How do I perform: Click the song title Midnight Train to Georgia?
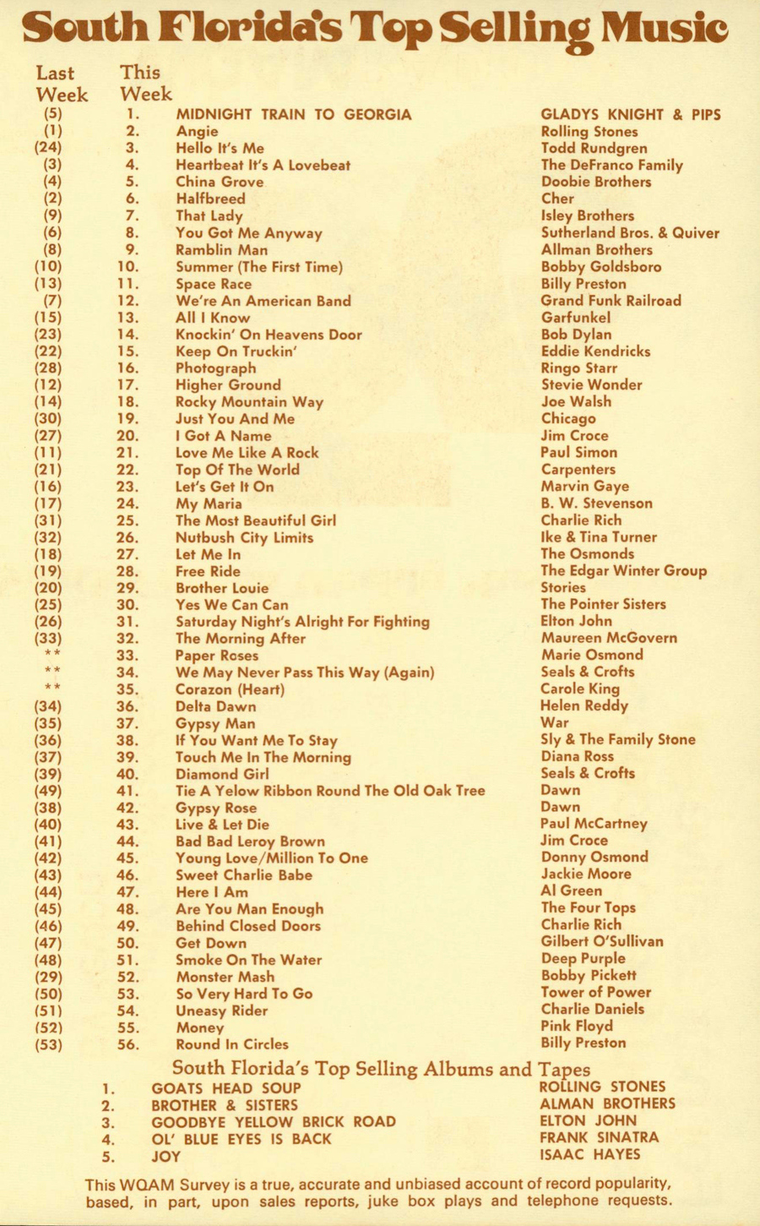293,114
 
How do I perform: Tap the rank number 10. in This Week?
128,267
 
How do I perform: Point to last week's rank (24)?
48,148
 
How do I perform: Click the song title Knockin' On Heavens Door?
269,335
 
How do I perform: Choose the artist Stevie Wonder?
591,384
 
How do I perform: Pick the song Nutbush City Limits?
244,537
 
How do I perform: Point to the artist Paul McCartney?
594,824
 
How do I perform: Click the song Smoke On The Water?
248,960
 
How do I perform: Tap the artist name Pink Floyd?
577,1026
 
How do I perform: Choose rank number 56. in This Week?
128,1044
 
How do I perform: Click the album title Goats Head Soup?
226,1088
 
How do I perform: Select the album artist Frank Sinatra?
599,1137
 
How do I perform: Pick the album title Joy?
166,1156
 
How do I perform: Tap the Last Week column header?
61,84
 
